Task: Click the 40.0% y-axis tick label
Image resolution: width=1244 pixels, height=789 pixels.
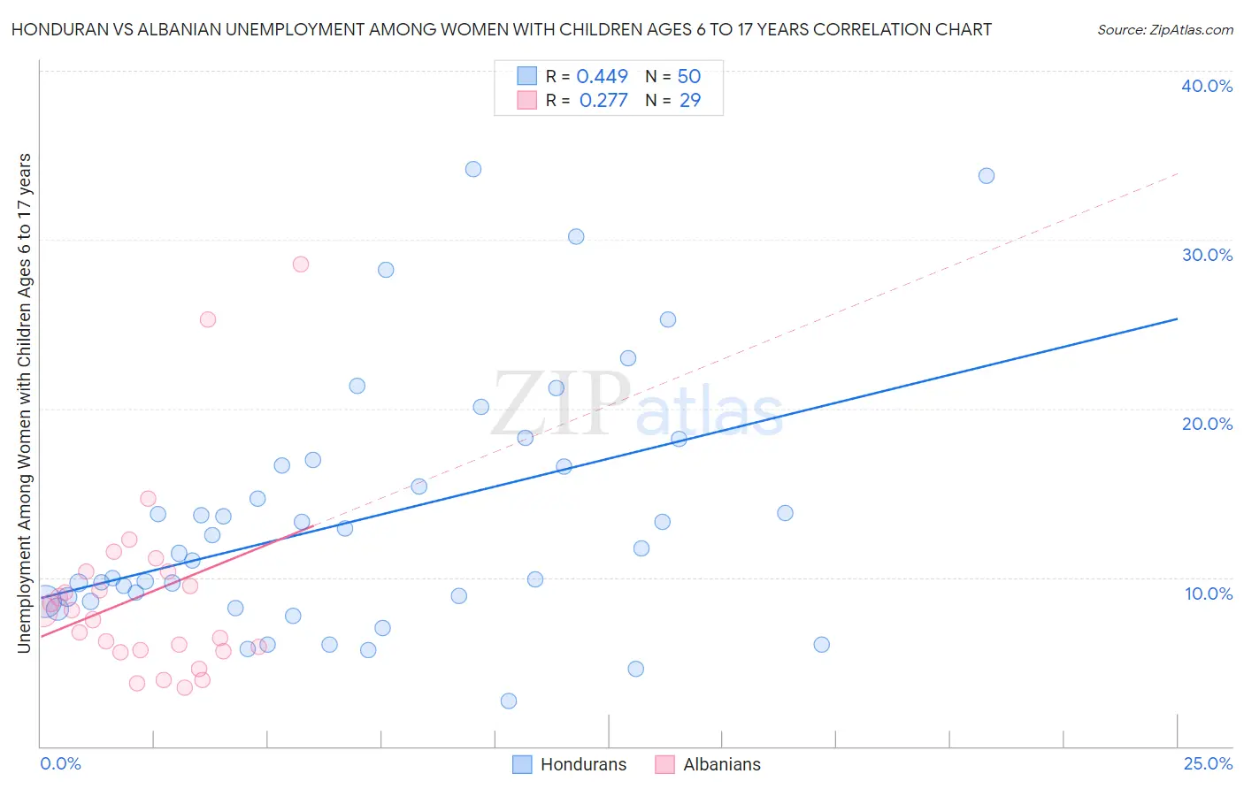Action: coord(1207,86)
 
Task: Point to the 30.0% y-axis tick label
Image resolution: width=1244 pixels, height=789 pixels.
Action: coord(1207,255)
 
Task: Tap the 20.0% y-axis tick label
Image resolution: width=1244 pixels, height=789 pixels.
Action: coord(1207,424)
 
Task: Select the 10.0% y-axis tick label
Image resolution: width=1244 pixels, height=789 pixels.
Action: coord(1209,594)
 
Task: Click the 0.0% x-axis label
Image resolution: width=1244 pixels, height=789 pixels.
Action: coord(60,763)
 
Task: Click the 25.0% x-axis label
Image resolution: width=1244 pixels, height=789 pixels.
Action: coord(1208,763)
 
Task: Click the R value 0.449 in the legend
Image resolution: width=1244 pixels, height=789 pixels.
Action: coord(602,77)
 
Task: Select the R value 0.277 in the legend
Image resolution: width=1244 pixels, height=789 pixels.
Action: coord(603,101)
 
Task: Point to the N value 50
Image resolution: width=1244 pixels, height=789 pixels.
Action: coord(689,77)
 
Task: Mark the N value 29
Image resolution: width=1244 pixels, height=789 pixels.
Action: coord(690,101)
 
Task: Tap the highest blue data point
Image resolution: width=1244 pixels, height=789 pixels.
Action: coord(473,169)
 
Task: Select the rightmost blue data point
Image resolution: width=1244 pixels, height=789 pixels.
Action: coord(987,176)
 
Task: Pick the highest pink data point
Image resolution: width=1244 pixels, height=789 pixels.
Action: coord(301,264)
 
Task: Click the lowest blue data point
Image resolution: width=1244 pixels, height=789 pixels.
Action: coord(509,701)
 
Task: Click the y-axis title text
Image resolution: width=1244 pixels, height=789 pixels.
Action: coord(25,403)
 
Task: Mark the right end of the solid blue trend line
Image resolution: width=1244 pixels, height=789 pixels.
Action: coord(1178,318)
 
